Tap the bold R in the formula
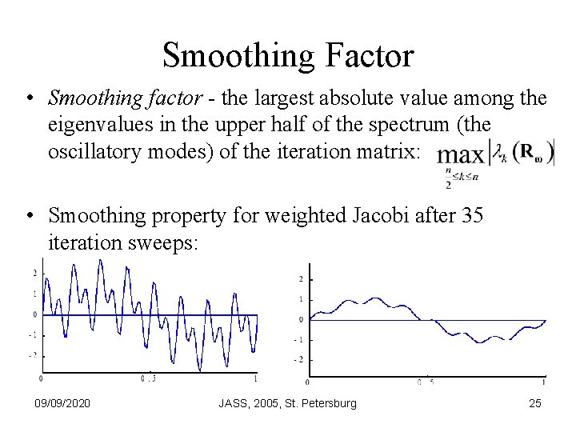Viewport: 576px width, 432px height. tap(525, 152)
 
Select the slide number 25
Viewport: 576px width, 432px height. tap(535, 403)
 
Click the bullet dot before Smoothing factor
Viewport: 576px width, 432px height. tap(29, 100)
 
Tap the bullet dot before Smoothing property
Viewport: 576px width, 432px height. tap(29, 216)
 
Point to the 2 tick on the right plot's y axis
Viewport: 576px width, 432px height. tap(300, 279)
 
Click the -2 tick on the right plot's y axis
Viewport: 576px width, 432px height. tap(298, 360)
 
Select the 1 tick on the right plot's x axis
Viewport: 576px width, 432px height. tap(544, 382)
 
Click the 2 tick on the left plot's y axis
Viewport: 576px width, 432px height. tap(34, 274)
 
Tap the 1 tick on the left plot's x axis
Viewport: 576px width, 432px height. tap(255, 378)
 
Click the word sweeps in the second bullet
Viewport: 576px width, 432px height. tap(164, 241)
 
